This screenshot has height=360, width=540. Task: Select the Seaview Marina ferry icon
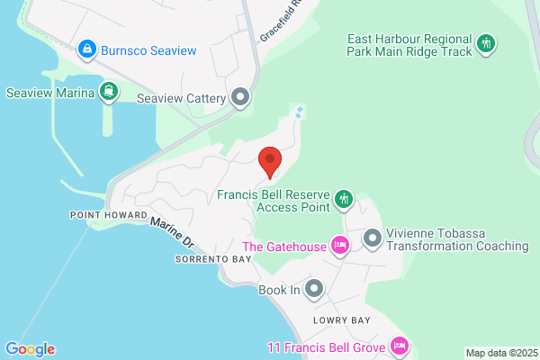108,91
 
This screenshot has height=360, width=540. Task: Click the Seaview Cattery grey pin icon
240,96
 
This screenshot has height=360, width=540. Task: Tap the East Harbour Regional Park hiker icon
486,43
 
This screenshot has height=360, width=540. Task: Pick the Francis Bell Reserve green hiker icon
343,198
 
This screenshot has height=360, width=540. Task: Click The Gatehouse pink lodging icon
339,245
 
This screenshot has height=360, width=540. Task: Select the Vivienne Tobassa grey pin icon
373,238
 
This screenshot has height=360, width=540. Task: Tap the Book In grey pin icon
314,289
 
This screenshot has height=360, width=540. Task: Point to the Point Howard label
101,215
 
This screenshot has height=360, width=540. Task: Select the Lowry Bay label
337,320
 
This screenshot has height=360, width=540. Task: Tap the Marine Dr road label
172,232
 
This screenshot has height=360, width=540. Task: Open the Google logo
30,349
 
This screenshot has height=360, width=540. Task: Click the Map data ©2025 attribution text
499,352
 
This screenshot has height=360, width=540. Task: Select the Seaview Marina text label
50,92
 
